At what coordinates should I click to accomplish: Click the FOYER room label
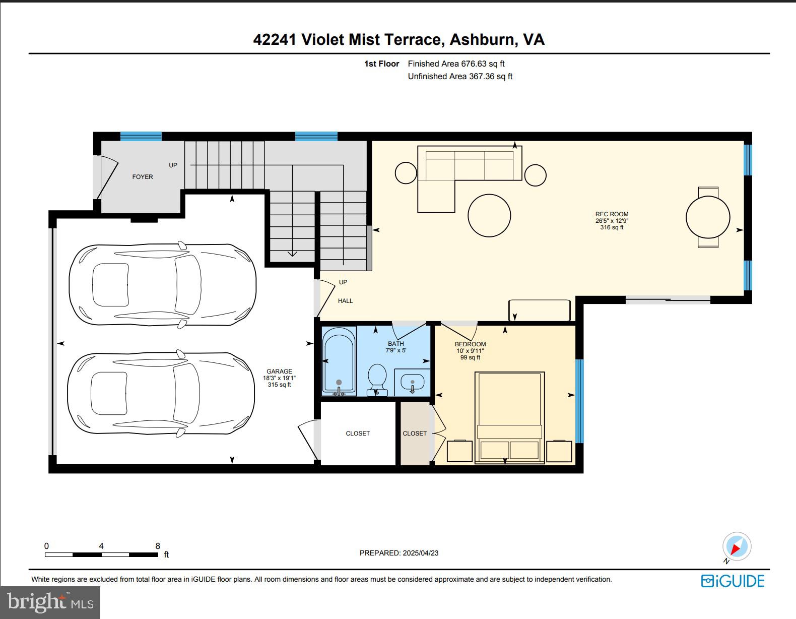(143, 177)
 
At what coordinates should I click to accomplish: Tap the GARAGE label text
(279, 372)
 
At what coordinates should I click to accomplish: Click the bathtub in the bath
(339, 361)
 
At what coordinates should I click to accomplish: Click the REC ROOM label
(612, 214)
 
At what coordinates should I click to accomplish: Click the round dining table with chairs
(708, 217)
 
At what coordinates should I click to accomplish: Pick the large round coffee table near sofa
(489, 215)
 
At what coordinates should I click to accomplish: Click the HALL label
(345, 301)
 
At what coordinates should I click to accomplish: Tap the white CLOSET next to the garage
(358, 434)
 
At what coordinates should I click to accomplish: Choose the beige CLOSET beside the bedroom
(415, 434)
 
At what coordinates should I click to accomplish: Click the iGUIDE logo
(733, 581)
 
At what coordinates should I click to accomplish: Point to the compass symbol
(737, 547)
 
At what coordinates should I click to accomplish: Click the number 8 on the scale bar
(158, 546)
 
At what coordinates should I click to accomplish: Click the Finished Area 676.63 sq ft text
(456, 64)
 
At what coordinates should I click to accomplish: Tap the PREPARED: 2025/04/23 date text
(399, 553)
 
